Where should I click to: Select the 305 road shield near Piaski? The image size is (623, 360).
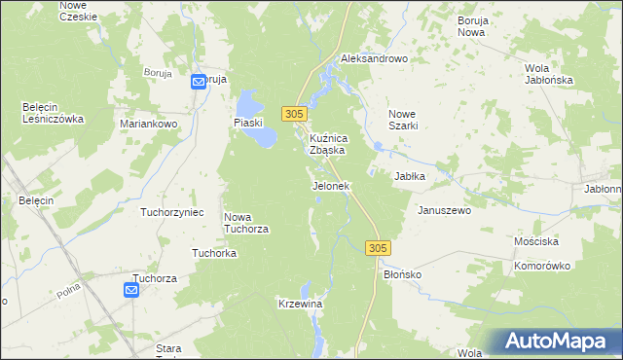297,114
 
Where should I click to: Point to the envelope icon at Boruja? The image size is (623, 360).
199,82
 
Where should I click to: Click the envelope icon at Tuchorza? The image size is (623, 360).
132,289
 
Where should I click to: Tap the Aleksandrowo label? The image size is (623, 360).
373,58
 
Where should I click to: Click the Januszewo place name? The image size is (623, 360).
444,210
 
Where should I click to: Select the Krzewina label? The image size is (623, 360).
300,305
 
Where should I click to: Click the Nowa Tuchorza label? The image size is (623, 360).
246,223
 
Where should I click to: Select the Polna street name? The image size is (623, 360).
67,290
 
